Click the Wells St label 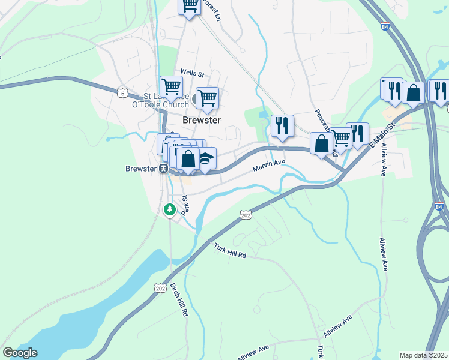pyautogui.click(x=192, y=74)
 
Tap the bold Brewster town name pyautogui.click(x=201, y=120)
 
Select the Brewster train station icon pyautogui.click(x=163, y=169)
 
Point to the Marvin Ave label pyautogui.click(x=268, y=166)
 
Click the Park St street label pyautogui.click(x=185, y=204)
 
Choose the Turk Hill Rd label pyautogui.click(x=230, y=250)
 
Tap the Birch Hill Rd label pyautogui.click(x=179, y=299)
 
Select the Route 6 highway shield pyautogui.click(x=122, y=93)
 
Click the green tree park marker pyautogui.click(x=170, y=209)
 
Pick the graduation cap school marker pyautogui.click(x=206, y=159)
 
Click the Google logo pyautogui.click(x=20, y=353)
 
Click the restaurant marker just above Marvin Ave pyautogui.click(x=282, y=125)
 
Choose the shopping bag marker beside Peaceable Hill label pyautogui.click(x=321, y=143)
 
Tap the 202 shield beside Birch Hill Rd pyautogui.click(x=160, y=288)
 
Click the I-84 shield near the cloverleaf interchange pyautogui.click(x=439, y=207)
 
